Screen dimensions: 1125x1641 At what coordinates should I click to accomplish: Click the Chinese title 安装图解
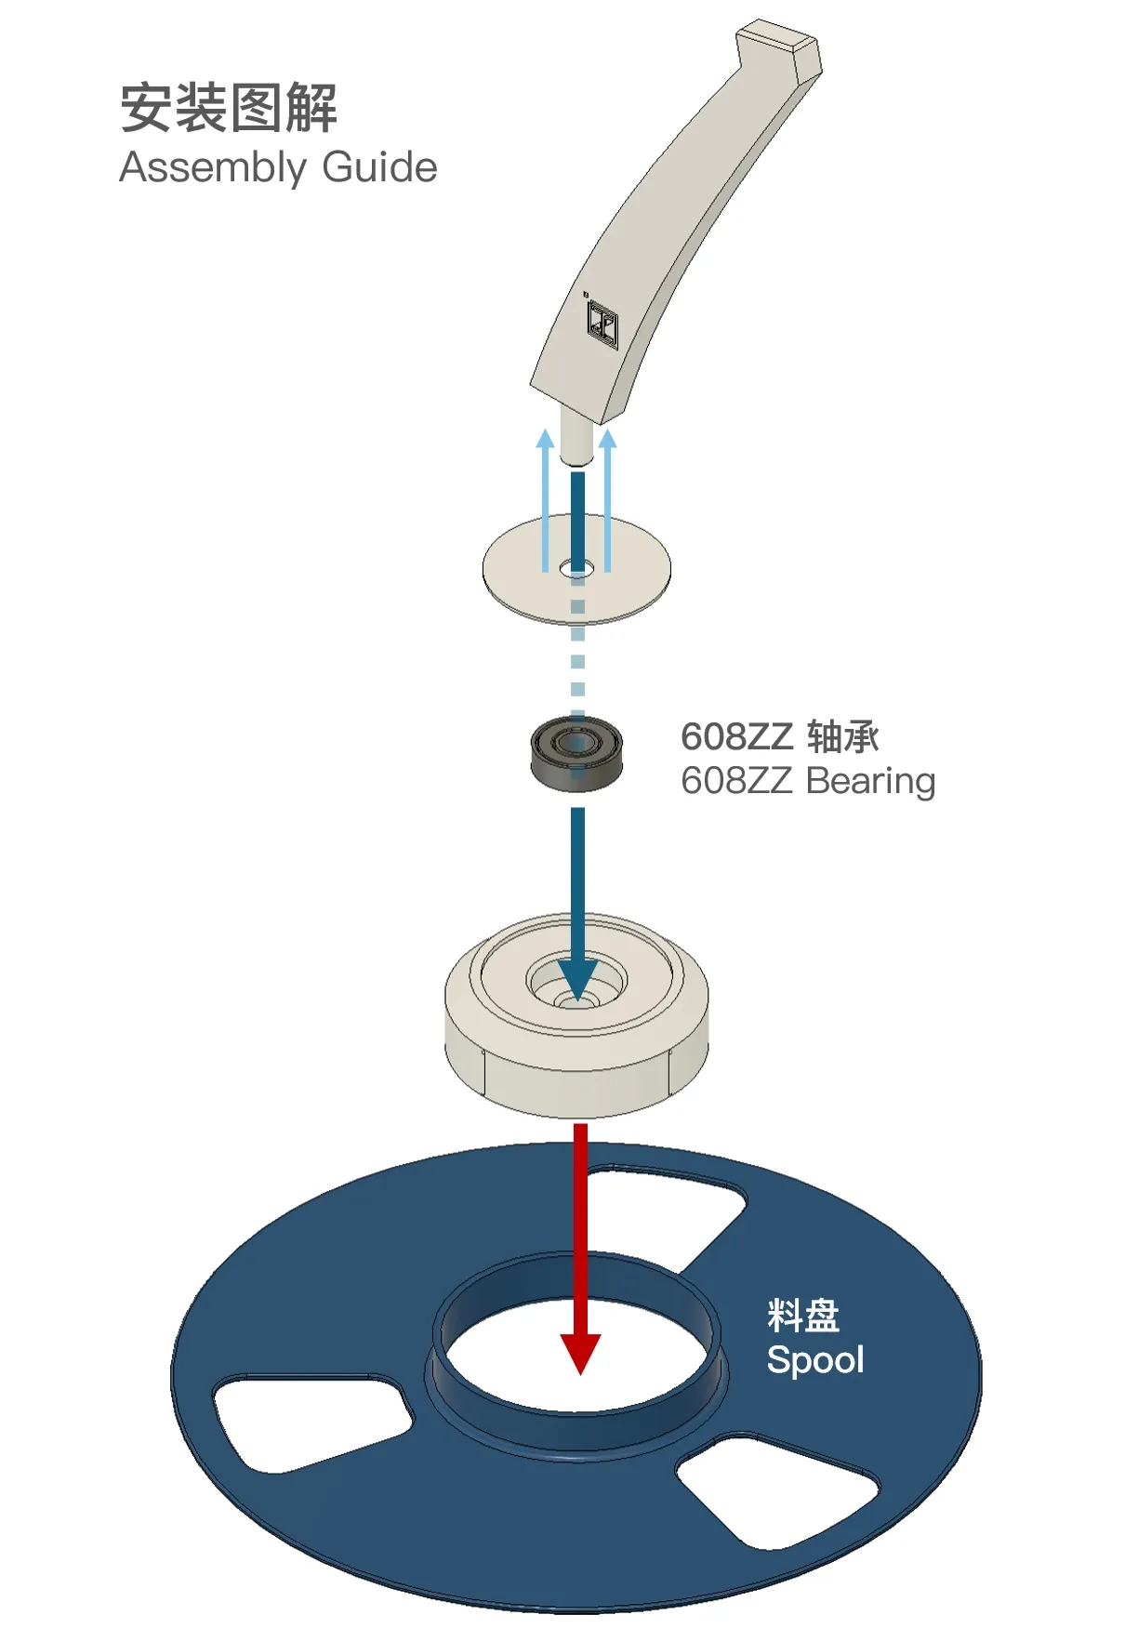pyautogui.click(x=228, y=107)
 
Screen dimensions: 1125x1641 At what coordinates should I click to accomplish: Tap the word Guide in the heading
pyautogui.click(x=379, y=167)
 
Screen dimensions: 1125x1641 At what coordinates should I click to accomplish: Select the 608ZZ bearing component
pyautogui.click(x=576, y=753)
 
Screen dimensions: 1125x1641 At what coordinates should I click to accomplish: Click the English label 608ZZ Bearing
pyautogui.click(x=808, y=782)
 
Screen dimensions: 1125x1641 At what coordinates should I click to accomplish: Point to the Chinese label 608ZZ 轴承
pyautogui.click(x=780, y=736)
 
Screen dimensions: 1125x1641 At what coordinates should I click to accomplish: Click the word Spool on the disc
pyautogui.click(x=815, y=1360)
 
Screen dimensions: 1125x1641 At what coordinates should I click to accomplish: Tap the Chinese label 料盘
pyautogui.click(x=803, y=1316)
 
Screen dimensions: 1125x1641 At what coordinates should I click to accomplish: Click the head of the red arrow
pyautogui.click(x=580, y=1354)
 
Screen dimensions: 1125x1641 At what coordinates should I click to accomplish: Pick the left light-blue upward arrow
pyautogui.click(x=546, y=500)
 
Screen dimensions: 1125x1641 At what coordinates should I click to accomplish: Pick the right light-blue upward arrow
pyautogui.click(x=607, y=500)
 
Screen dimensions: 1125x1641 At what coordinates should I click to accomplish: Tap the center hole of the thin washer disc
pyautogui.click(x=577, y=567)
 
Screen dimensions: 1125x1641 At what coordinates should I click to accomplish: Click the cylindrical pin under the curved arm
pyautogui.click(x=576, y=437)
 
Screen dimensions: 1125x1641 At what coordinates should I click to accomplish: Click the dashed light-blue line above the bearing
pyautogui.click(x=577, y=651)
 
